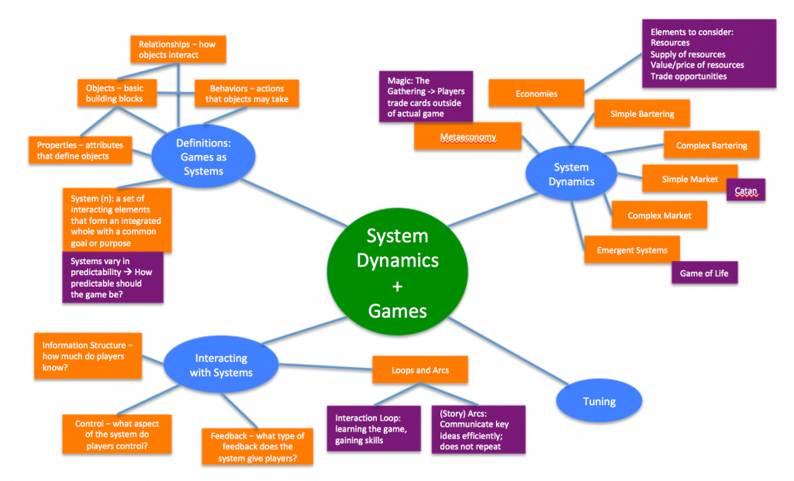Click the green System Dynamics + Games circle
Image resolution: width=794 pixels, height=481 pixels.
(397, 273)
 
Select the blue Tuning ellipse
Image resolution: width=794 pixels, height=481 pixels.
(599, 401)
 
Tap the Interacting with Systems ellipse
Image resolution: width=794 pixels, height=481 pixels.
(221, 366)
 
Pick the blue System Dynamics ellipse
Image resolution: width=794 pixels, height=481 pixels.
(571, 174)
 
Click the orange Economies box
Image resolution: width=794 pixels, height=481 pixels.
(536, 94)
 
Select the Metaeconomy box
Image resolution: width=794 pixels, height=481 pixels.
(468, 137)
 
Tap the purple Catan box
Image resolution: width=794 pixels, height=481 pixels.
(745, 190)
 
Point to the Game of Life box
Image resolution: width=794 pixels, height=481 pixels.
(704, 273)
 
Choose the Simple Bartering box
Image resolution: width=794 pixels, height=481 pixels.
(641, 114)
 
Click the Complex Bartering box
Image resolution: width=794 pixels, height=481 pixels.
(711, 145)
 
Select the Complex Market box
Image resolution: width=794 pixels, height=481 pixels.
(659, 215)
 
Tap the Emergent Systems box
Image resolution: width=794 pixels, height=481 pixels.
(632, 250)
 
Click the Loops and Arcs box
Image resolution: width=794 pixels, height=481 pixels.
(421, 369)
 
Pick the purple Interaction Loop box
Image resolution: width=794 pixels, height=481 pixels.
(373, 428)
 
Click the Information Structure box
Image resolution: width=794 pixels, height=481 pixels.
(88, 356)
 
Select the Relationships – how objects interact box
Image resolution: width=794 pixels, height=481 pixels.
(177, 50)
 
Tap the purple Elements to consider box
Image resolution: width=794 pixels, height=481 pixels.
(708, 53)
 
